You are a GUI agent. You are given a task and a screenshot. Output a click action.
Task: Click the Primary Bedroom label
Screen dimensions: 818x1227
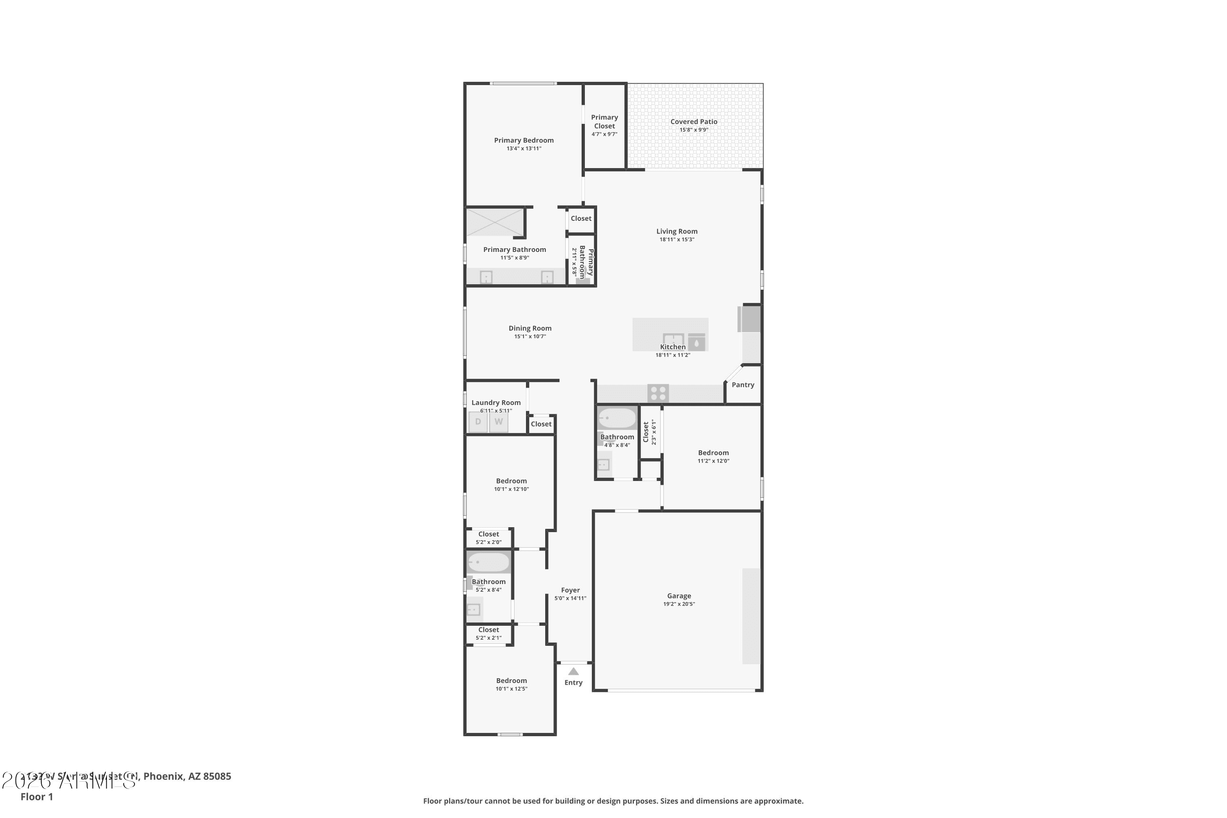click(x=524, y=140)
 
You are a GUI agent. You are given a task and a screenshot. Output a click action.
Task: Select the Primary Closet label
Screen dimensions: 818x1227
click(x=604, y=121)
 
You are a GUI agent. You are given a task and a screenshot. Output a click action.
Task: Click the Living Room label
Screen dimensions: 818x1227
click(x=676, y=231)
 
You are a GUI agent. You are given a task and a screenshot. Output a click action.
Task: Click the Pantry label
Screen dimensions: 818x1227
click(x=742, y=385)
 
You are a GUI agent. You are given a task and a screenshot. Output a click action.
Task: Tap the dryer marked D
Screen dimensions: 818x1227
click(x=477, y=422)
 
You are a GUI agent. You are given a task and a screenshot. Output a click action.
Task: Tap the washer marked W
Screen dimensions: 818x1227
click(x=499, y=422)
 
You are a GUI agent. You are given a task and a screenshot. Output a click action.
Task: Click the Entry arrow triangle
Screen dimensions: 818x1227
click(x=573, y=672)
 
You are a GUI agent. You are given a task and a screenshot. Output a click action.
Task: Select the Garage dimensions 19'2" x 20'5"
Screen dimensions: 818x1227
click(x=679, y=604)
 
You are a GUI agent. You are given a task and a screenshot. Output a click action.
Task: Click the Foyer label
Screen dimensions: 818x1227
click(x=570, y=590)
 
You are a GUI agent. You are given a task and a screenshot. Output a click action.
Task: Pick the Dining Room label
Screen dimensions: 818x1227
click(x=530, y=328)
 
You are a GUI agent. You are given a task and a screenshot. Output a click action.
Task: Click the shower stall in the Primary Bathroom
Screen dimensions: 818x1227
click(x=494, y=222)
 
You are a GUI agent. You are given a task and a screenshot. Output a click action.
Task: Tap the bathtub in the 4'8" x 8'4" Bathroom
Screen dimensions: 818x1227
click(x=617, y=418)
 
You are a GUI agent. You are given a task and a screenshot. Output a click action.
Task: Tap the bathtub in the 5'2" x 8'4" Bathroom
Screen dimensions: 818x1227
click(x=488, y=562)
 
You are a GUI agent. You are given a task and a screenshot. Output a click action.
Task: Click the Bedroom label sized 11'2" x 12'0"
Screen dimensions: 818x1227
click(x=713, y=453)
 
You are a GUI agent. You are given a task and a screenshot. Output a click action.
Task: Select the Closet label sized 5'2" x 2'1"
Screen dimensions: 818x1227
click(x=488, y=630)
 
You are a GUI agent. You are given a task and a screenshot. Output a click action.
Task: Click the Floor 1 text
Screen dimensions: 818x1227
click(x=36, y=797)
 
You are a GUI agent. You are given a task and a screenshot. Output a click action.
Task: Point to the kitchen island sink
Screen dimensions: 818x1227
click(x=673, y=339)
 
